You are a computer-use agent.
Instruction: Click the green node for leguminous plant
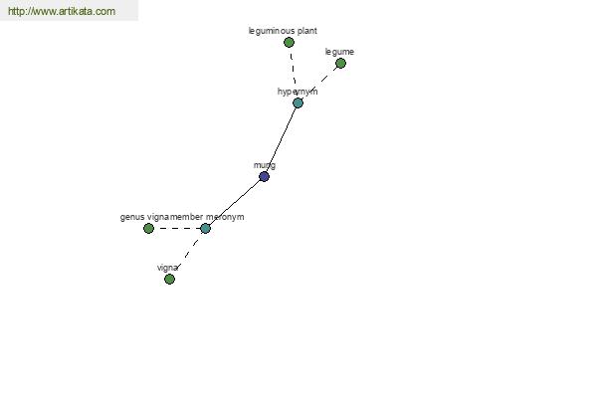[289, 42]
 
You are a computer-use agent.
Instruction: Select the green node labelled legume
[340, 64]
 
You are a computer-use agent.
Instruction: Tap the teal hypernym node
[298, 102]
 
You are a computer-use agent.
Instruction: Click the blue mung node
[264, 176]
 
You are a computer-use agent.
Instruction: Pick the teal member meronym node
[205, 229]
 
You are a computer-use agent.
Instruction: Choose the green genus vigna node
[149, 229]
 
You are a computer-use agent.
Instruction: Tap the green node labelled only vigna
[169, 280]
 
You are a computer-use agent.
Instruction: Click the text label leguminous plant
[283, 31]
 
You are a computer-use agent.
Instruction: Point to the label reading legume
[339, 52]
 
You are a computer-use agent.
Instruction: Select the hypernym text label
[298, 92]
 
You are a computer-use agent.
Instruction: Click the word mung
[265, 165]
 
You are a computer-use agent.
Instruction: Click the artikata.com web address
[62, 11]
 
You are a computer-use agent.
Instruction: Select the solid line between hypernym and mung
[281, 139]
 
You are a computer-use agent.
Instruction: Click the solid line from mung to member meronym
[235, 202]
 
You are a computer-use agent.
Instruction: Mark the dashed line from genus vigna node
[177, 229]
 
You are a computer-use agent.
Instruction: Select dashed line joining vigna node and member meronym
[187, 254]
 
